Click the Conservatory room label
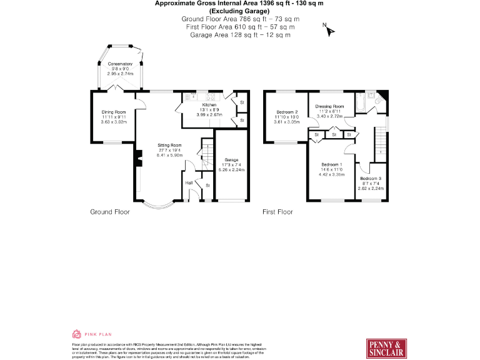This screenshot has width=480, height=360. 120,64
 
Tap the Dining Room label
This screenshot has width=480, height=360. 114,112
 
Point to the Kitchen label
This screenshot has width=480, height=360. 209,105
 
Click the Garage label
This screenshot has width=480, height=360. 231,160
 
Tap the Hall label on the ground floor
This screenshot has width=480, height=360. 189,182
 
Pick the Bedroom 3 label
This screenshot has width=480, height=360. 370,179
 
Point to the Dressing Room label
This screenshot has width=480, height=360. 329,106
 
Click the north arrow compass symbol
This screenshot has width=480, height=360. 329,29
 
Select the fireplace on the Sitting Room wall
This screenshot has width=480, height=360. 135,161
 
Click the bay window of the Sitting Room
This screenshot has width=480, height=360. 156,204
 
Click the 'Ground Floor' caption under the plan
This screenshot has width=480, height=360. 110,212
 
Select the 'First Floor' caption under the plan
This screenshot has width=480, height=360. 277,212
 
